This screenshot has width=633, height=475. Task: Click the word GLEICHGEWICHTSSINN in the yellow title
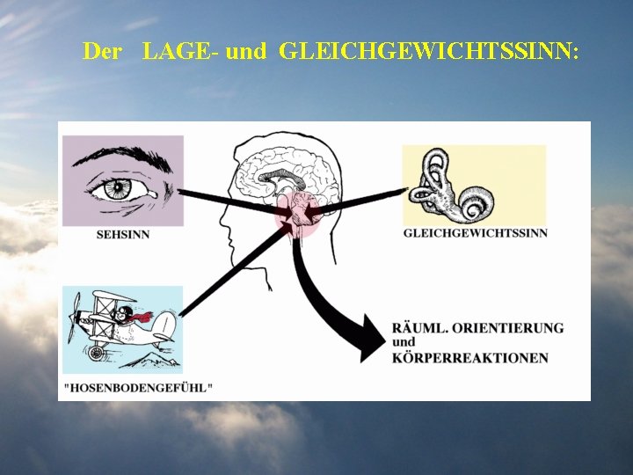coord(429,51)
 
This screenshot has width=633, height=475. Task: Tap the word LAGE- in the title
coord(181,51)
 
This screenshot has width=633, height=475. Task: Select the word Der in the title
coord(102,51)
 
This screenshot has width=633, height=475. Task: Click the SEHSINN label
coord(122,234)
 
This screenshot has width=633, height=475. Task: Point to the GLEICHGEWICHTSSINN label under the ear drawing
coord(475,233)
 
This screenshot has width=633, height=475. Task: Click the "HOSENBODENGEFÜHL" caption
coord(138,387)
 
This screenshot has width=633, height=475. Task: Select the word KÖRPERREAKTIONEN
coord(470,358)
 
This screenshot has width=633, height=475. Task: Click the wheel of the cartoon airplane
coord(98,352)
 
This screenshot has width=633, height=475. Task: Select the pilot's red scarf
coord(141,317)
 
